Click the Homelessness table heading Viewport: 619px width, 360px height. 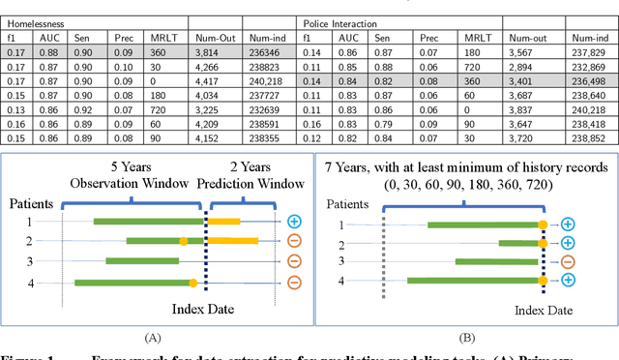point(33,21)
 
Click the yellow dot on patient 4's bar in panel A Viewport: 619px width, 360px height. point(193,283)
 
